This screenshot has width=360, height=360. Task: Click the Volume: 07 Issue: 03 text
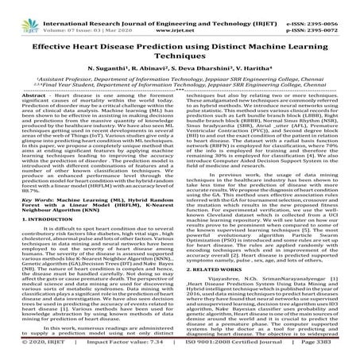75,14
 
